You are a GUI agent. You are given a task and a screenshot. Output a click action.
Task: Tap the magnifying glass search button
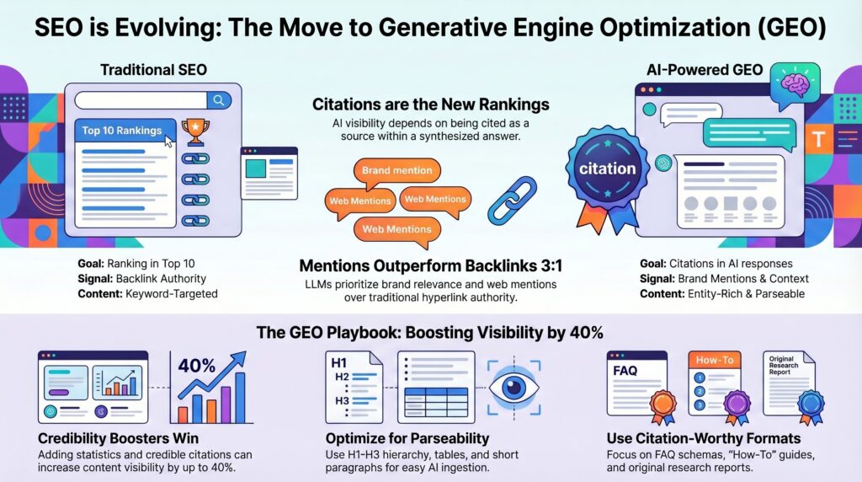[218, 100]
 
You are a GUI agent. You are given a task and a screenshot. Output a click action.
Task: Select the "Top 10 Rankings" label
[122, 131]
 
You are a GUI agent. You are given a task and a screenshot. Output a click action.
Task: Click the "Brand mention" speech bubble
[396, 170]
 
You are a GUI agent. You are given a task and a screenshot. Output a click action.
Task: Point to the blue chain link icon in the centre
[513, 200]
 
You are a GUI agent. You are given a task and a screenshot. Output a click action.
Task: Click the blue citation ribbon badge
[607, 171]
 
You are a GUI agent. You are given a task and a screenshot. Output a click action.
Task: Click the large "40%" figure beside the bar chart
[197, 366]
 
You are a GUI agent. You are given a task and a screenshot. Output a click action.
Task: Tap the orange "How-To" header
[714, 360]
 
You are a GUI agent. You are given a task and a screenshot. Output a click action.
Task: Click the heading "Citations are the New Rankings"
[430, 105]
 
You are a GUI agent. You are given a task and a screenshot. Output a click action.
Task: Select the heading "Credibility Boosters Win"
[118, 438]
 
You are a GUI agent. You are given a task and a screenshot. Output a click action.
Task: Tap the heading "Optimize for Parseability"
[407, 438]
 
